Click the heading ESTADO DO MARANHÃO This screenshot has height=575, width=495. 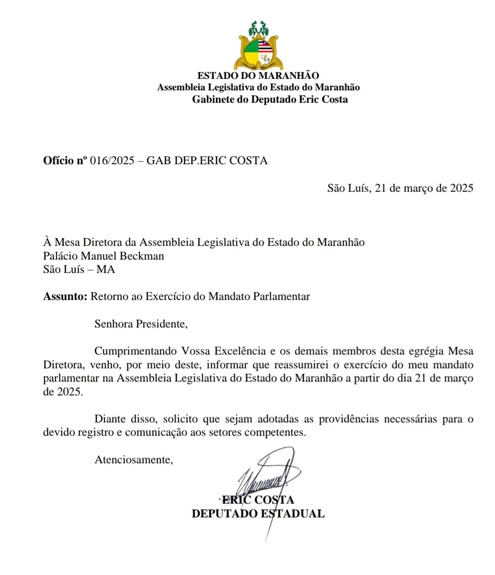258,76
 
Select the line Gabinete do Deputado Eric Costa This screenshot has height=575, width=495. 269,100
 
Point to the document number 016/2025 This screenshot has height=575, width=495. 112,160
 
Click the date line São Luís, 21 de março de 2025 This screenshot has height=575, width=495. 400,188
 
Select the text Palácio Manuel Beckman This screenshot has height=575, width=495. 104,256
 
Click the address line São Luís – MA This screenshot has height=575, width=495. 79,269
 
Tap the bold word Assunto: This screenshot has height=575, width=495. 65,297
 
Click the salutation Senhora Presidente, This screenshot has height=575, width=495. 141,324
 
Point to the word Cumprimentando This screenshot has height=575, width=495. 135,351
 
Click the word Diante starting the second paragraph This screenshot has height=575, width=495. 110,419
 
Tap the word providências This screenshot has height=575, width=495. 348,419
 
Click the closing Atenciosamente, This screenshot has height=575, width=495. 134,460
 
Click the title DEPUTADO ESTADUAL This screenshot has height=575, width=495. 258,514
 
